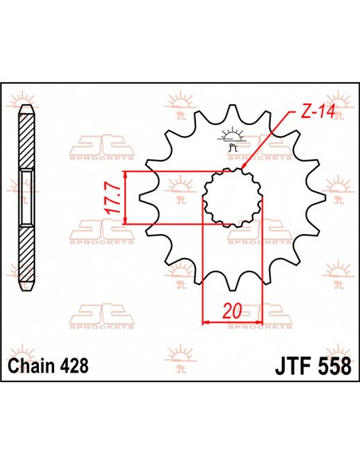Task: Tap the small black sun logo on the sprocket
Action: pos(233,138)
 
